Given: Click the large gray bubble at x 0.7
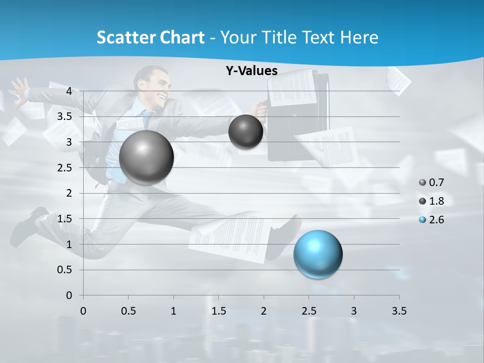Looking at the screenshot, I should coord(147,157).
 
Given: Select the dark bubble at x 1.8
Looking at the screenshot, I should coord(246,132).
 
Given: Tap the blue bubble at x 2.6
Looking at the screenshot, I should coord(318,254).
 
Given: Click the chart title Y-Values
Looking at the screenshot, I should coord(252,71).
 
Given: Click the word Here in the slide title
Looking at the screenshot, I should coord(359,37).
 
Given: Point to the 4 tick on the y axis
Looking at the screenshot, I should coord(69,91).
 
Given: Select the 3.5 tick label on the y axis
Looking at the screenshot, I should coord(65,116).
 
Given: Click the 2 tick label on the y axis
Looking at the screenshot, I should coord(69,193).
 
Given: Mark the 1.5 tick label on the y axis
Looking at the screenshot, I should coord(65,219).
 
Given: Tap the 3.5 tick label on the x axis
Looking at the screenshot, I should coord(399,311).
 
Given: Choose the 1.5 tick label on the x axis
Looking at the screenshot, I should coord(218,311).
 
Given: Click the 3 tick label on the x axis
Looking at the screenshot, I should coord(354,311).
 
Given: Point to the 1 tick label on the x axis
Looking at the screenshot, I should coord(173,311).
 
